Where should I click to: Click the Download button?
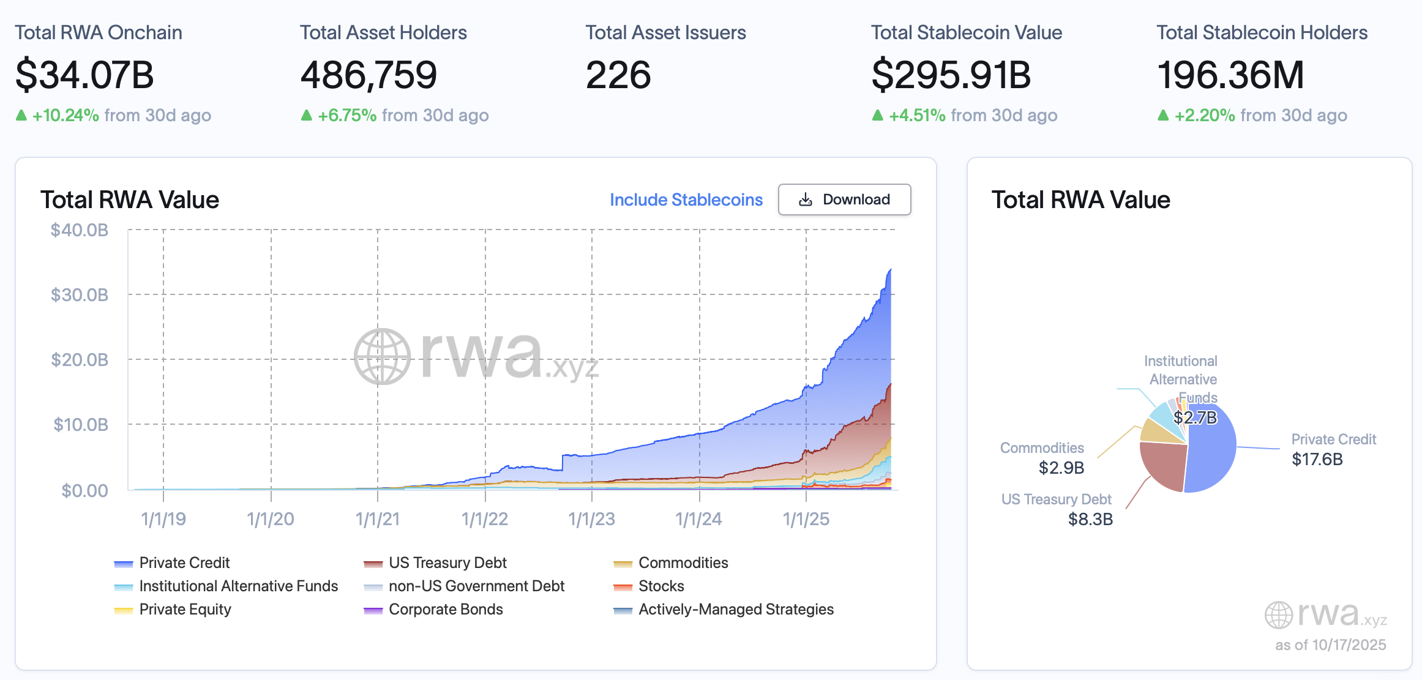pos(844,200)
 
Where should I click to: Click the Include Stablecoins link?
pos(686,200)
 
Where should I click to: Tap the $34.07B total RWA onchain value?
pos(84,75)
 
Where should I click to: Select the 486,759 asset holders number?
pos(369,75)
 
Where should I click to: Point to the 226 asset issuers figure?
pos(618,75)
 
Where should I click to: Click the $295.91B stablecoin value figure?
pos(951,75)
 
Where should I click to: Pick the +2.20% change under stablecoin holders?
pos(1204,115)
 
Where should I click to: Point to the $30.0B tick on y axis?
pos(80,295)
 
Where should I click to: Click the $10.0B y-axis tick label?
pos(80,424)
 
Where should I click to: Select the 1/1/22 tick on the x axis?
pos(485,519)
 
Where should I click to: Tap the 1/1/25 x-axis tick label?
pos(806,519)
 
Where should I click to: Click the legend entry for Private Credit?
pos(184,562)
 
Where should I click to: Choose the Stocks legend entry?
pos(660,586)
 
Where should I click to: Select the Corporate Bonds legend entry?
pos(445,609)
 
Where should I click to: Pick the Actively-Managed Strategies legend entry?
pos(735,609)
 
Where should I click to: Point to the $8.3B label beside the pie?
pos(1090,519)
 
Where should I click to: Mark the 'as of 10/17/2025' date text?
pos(1330,645)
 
